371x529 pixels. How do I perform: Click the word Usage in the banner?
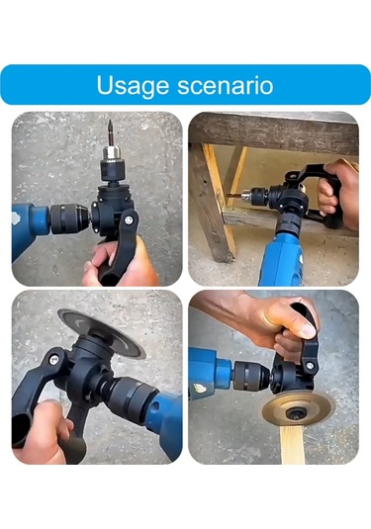click(133, 86)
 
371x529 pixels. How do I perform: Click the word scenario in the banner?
click(226, 86)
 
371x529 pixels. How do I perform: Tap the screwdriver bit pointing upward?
click(110, 133)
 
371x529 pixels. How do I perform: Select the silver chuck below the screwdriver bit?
click(111, 154)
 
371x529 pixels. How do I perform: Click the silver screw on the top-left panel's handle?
click(128, 220)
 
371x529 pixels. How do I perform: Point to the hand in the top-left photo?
click(122, 263)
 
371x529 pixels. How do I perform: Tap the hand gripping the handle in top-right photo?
click(337, 194)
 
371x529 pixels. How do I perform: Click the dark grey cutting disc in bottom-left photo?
click(101, 332)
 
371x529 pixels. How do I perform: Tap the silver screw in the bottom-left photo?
click(54, 360)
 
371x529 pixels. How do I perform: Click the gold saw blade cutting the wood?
click(299, 410)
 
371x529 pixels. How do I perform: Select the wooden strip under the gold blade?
click(292, 445)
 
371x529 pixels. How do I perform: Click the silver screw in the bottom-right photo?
click(310, 365)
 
